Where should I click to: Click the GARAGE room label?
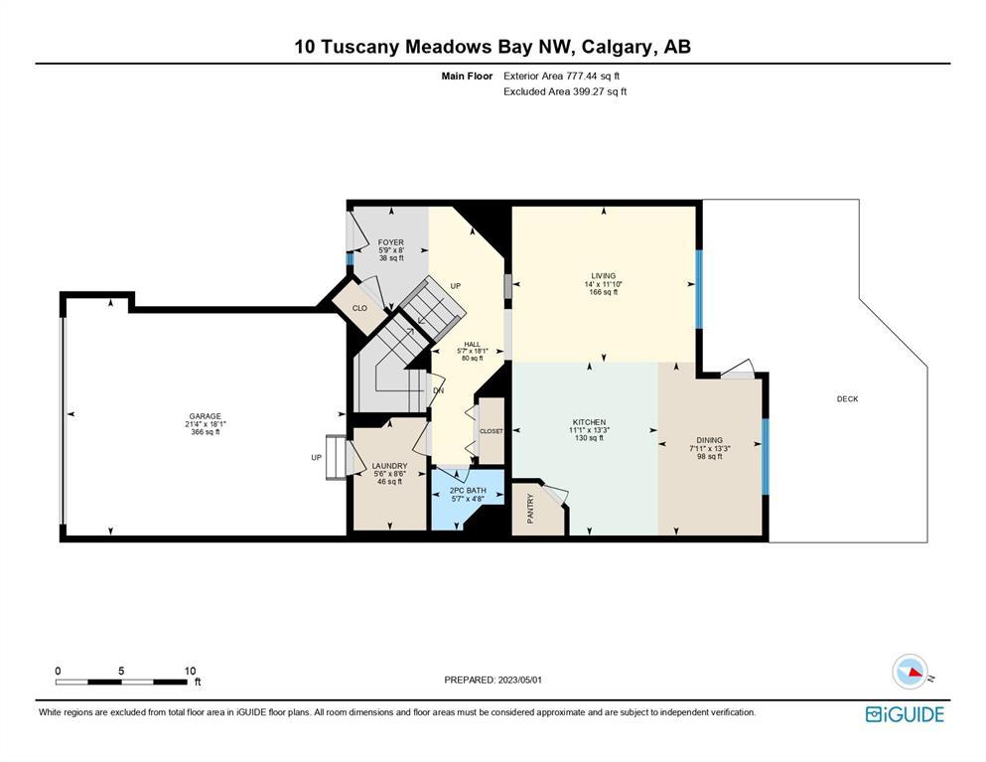point(205,416)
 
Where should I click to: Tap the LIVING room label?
point(603,275)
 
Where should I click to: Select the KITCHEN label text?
point(589,422)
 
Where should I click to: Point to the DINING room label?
point(709,440)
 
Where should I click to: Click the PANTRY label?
point(530,509)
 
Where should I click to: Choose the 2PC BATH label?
point(468,490)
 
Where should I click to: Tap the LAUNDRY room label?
point(390,466)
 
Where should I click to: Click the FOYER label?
point(390,242)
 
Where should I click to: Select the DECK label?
point(847,399)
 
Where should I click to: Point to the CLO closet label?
point(359,308)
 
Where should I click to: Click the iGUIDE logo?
point(905,714)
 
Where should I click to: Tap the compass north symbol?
point(910,672)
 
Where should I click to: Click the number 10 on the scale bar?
point(190,671)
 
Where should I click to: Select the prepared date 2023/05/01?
point(520,681)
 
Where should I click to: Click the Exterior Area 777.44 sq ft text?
point(562,76)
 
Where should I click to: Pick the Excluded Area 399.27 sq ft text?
point(565,91)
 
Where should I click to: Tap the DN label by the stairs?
point(438,390)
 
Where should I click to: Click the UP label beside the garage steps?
point(317,457)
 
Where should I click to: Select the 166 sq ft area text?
point(603,292)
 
